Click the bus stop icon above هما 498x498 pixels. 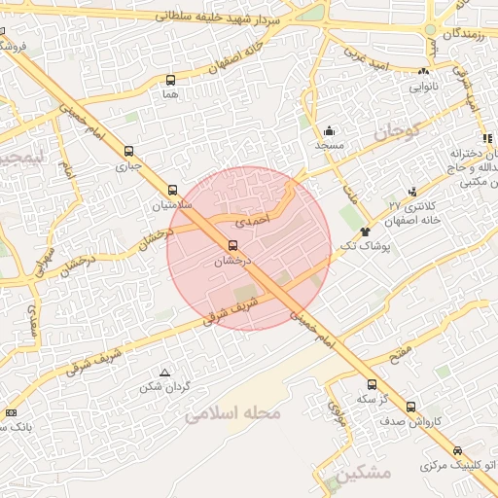[171, 81]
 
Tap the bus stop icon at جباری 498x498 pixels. [129, 151]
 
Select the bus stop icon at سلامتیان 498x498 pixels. [173, 191]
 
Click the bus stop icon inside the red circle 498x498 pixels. [232, 246]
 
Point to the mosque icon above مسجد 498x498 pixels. [330, 130]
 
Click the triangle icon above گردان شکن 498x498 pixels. [164, 373]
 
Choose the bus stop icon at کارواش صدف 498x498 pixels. [410, 407]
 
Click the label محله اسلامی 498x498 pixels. [233, 413]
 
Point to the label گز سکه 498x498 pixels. [366, 400]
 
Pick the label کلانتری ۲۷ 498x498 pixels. [409, 205]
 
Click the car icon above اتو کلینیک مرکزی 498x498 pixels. [458, 450]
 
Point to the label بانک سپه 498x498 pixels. [18, 426]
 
